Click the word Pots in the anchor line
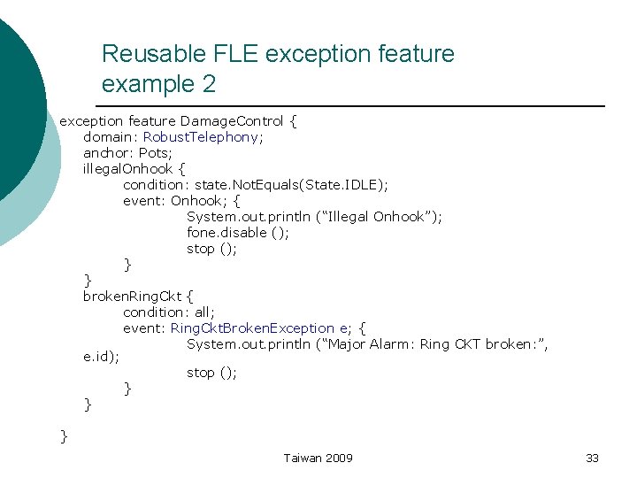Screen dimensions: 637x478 156,152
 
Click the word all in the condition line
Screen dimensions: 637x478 203,312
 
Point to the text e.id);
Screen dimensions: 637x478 101,358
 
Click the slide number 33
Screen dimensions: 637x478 592,458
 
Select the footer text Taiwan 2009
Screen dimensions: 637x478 318,458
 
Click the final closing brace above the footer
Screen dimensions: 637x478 64,435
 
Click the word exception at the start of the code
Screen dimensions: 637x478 90,120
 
